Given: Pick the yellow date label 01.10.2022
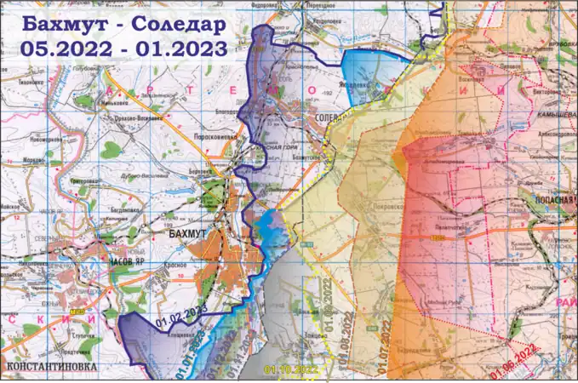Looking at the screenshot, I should coord(290,369).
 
